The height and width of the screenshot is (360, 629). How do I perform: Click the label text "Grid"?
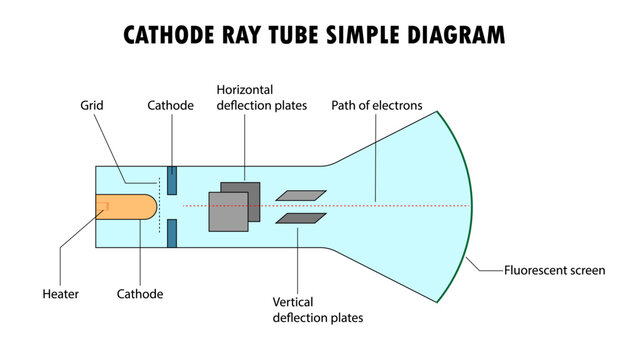93,104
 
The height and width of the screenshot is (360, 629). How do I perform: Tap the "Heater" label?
61,294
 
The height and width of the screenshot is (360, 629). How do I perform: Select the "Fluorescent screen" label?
554,270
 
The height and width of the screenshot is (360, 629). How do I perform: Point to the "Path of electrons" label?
377,104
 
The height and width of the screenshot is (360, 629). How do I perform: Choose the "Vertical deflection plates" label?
317,309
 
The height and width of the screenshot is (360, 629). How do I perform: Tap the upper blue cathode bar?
172,180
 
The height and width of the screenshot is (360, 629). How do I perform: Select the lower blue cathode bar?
172,234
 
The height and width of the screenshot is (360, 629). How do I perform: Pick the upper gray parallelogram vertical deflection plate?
300,195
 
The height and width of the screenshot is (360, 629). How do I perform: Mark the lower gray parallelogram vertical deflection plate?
300,219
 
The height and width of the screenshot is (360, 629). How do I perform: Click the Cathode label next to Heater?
139,294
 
